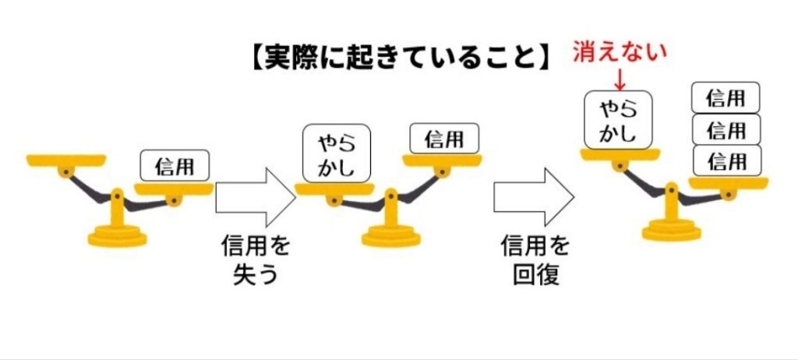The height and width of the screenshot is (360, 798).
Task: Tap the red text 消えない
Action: [620, 52]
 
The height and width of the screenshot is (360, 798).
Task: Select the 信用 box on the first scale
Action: [175, 165]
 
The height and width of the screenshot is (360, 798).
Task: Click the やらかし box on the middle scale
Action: [337, 153]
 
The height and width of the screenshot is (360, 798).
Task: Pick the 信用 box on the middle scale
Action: [444, 138]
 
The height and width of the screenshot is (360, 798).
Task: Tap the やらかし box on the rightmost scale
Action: [618, 120]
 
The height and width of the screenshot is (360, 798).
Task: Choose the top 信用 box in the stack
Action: [726, 97]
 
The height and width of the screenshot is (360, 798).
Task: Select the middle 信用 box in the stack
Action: [726, 129]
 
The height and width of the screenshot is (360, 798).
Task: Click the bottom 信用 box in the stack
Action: [726, 161]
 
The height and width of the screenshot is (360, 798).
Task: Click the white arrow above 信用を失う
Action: [256, 198]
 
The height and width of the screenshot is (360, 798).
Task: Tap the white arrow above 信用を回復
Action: [534, 198]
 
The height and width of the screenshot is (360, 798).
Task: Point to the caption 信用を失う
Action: [256, 260]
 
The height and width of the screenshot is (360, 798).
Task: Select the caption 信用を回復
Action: [535, 260]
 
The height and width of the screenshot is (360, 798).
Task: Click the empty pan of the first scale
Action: [66, 161]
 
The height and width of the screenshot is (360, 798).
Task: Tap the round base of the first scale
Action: [117, 237]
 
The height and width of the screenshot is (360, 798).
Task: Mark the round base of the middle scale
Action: [391, 237]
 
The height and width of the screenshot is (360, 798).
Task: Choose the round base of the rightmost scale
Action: [671, 231]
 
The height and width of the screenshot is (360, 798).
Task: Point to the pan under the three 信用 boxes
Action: [729, 183]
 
